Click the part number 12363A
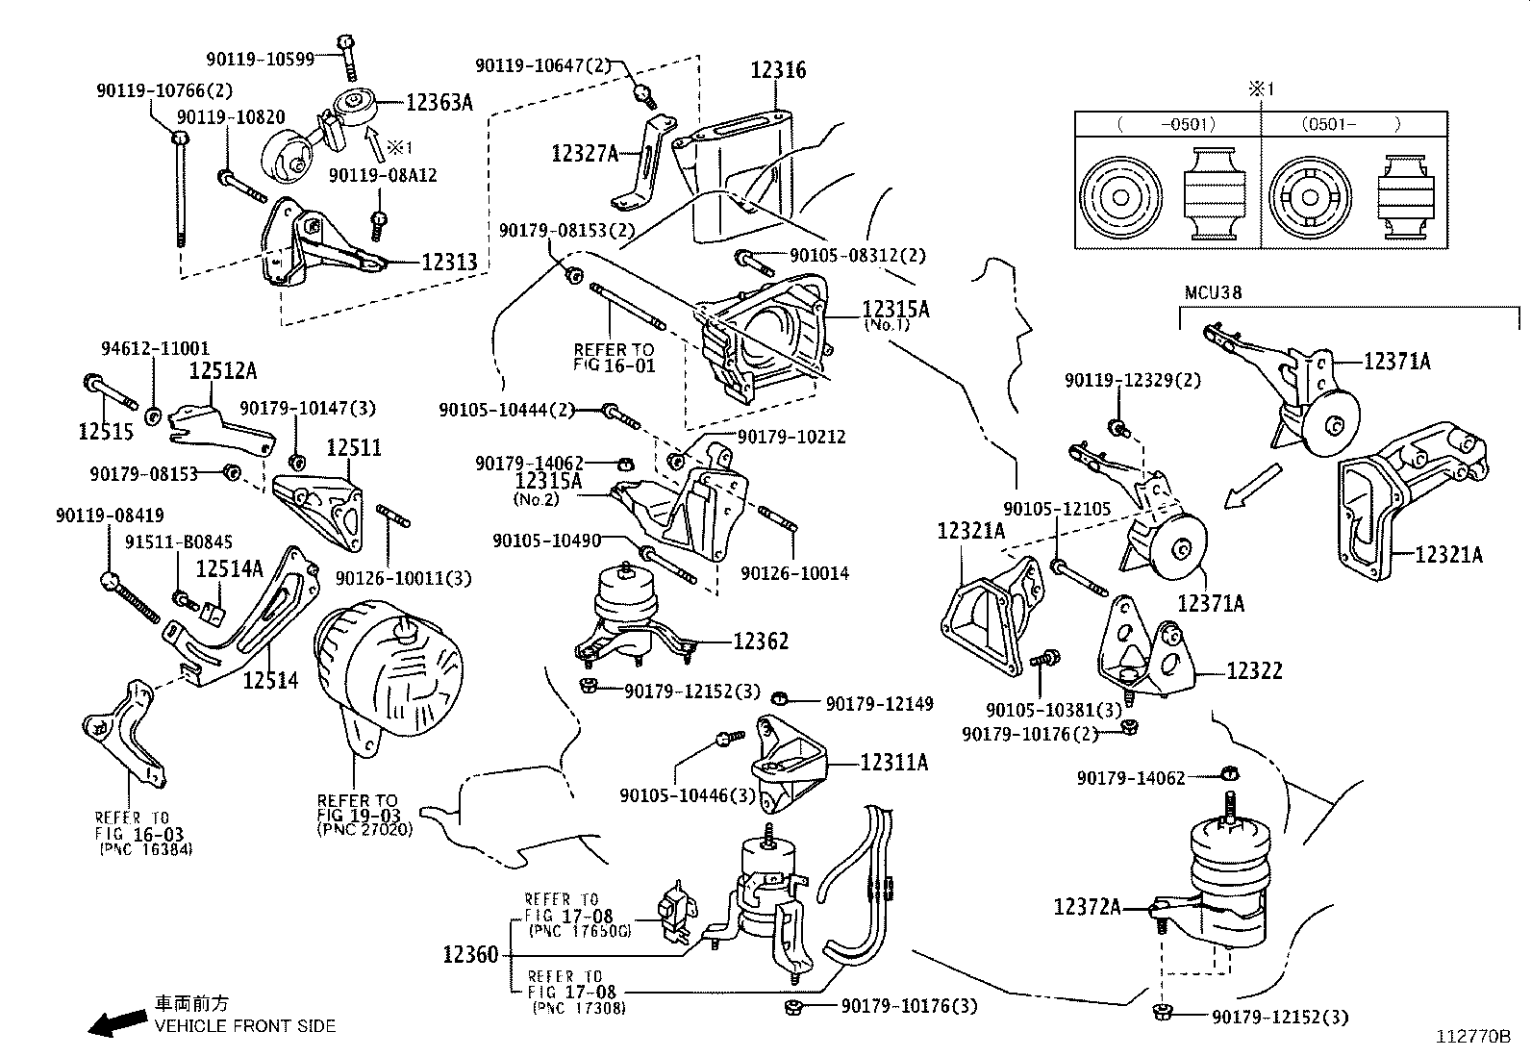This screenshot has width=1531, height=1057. [x=439, y=103]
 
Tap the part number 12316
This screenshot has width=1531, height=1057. [x=778, y=70]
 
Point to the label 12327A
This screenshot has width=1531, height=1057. [x=585, y=152]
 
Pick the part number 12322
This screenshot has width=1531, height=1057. [x=1253, y=670]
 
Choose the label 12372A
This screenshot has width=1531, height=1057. [x=1087, y=907]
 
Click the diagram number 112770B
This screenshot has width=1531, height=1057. [x=1474, y=1037]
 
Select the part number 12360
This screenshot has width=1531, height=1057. [x=470, y=955]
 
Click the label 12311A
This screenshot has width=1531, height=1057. [x=894, y=763]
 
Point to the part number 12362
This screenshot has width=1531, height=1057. [x=761, y=642]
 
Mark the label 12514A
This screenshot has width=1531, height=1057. [x=229, y=569]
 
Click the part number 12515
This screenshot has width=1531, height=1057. [x=106, y=433]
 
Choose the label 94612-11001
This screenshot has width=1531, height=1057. [x=155, y=349]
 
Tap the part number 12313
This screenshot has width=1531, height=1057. [x=449, y=263]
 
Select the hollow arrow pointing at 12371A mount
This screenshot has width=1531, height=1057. [x=1254, y=487]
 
